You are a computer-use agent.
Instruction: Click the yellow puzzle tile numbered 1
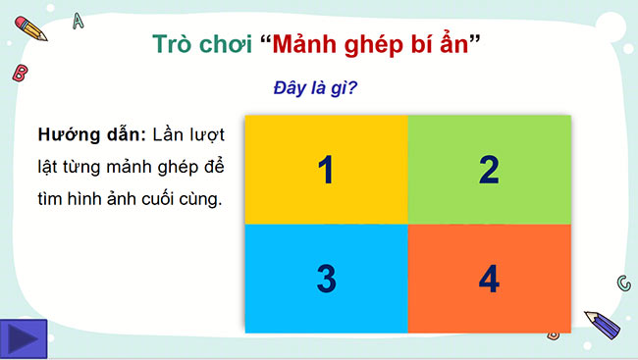click(x=326, y=170)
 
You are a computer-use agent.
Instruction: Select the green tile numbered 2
click(x=489, y=170)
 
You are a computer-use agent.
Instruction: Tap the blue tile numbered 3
click(x=326, y=279)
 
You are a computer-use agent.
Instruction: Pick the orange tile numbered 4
click(x=489, y=279)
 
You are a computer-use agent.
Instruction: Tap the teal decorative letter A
click(x=79, y=20)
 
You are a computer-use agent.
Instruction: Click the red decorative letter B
click(x=19, y=72)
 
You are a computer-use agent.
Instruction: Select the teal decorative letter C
click(x=622, y=283)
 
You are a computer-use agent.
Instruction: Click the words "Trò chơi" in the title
click(x=199, y=44)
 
